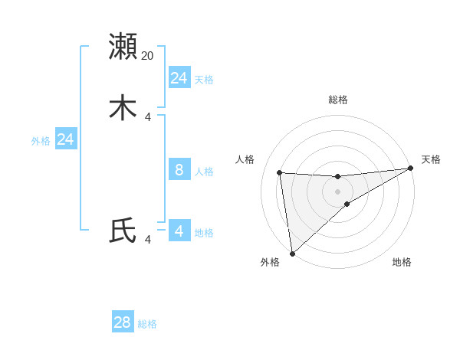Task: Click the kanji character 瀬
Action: point(123,46)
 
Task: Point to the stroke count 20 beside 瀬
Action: point(148,55)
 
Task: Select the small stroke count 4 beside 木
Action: point(148,116)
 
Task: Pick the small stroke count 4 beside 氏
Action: point(148,240)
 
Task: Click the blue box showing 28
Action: point(123,322)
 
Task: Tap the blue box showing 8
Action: point(179,170)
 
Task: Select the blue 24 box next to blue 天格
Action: point(179,78)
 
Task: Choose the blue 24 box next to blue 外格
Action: point(66,139)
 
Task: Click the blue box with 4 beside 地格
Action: point(179,231)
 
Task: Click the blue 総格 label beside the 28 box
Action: point(147,324)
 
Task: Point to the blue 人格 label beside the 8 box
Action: point(204,172)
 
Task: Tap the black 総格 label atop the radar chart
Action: point(338,100)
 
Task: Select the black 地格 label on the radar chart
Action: point(402,262)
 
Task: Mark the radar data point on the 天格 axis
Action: point(411,169)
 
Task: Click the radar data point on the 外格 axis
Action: point(292,253)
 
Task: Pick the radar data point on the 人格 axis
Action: point(280,172)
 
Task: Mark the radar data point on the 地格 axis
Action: point(347,204)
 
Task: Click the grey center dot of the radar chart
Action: point(338,191)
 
